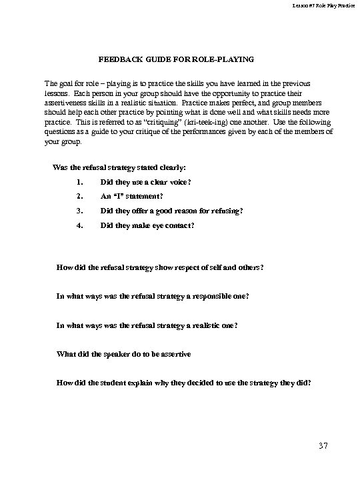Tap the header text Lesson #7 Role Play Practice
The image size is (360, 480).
(319, 6)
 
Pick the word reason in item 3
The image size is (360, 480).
(199, 211)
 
